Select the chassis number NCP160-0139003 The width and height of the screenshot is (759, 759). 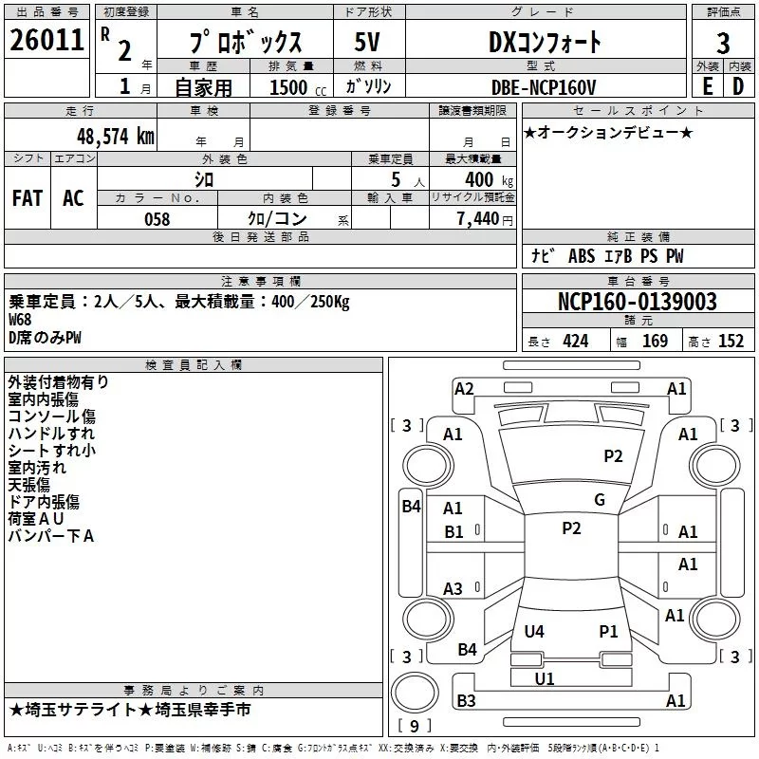637,303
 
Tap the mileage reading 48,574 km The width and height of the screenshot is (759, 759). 115,136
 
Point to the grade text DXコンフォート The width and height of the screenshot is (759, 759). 545,42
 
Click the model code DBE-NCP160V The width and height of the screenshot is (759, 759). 545,86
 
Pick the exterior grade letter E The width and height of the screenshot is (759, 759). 706,86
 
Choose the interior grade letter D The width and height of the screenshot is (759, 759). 738,86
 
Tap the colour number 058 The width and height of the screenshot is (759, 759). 157,219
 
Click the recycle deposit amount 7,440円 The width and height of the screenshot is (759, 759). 484,219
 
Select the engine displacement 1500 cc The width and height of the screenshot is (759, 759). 291,86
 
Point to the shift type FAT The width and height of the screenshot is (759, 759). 27,198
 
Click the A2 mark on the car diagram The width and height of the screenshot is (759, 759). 464,388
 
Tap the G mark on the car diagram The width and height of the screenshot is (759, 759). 600,500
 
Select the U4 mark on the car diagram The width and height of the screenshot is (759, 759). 534,631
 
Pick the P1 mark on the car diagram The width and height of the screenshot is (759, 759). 608,631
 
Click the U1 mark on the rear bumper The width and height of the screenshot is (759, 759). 545,678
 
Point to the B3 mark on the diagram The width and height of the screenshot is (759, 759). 466,701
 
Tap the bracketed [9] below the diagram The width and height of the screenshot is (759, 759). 415,726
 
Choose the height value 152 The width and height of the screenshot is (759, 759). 731,342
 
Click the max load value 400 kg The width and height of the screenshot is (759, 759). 484,180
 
